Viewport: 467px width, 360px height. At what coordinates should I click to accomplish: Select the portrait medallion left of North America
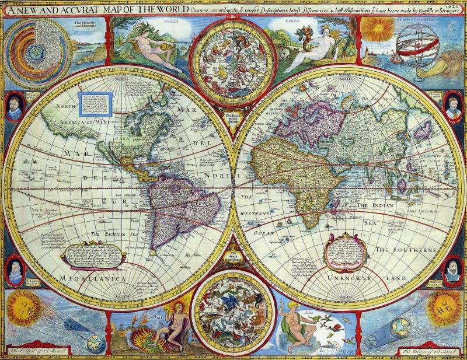15,107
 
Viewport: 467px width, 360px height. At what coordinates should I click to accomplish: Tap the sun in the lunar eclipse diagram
444,307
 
